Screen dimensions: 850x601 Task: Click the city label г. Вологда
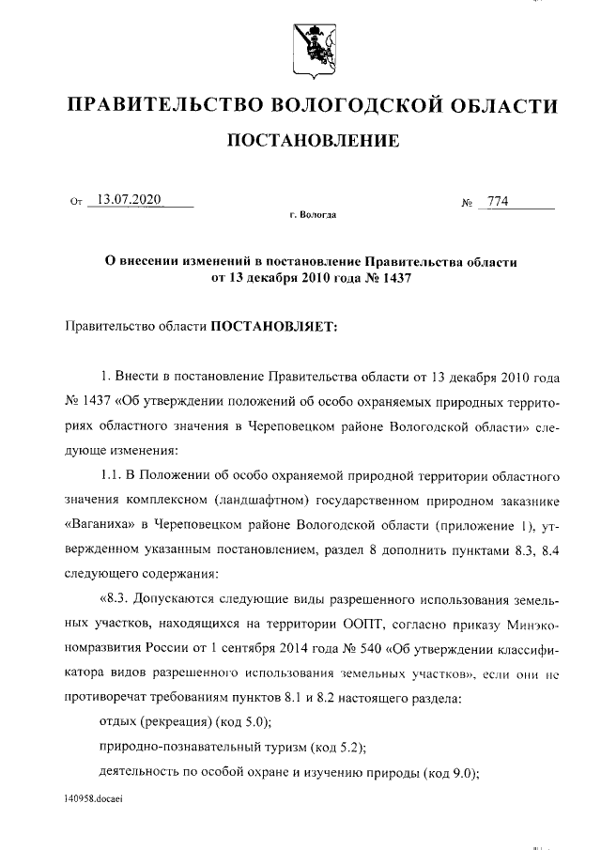(x=312, y=216)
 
